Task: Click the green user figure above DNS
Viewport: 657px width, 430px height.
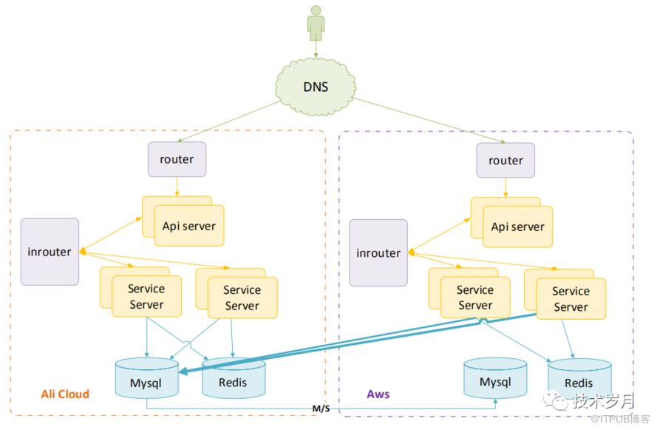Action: (316, 23)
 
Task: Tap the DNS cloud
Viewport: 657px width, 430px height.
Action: (316, 87)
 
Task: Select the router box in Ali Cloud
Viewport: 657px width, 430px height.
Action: (177, 159)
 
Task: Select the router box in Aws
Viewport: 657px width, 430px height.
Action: (505, 161)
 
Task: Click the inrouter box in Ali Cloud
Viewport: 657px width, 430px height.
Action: (50, 252)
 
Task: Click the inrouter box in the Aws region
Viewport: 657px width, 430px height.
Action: (378, 253)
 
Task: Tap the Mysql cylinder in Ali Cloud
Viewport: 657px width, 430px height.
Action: (146, 378)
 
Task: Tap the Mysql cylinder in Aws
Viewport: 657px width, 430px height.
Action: (495, 378)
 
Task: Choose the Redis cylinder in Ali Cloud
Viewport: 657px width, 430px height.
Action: (234, 378)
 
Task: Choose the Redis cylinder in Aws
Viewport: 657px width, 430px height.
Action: (580, 379)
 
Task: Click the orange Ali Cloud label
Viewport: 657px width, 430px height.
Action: (65, 394)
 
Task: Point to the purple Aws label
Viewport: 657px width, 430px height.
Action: (378, 394)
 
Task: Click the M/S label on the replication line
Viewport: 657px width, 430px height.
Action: (321, 409)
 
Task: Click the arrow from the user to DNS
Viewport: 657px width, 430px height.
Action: (316, 49)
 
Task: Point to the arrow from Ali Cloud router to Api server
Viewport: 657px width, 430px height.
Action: (177, 187)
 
